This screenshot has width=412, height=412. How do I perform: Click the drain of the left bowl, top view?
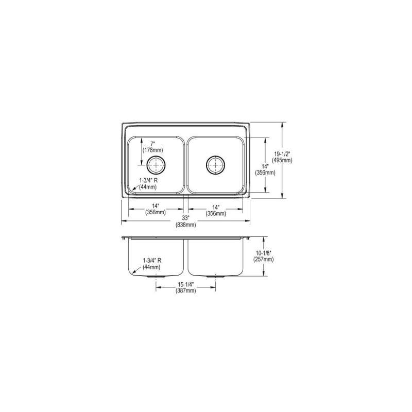tap(157, 165)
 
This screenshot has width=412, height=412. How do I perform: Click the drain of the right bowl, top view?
tap(215, 165)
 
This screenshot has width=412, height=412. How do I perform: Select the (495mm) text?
tap(282, 160)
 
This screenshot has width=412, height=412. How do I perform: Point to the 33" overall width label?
tap(186, 218)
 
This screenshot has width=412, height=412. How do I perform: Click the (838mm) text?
tap(186, 225)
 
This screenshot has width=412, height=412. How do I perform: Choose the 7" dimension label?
tap(152, 144)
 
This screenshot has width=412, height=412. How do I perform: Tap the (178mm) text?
tap(152, 150)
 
